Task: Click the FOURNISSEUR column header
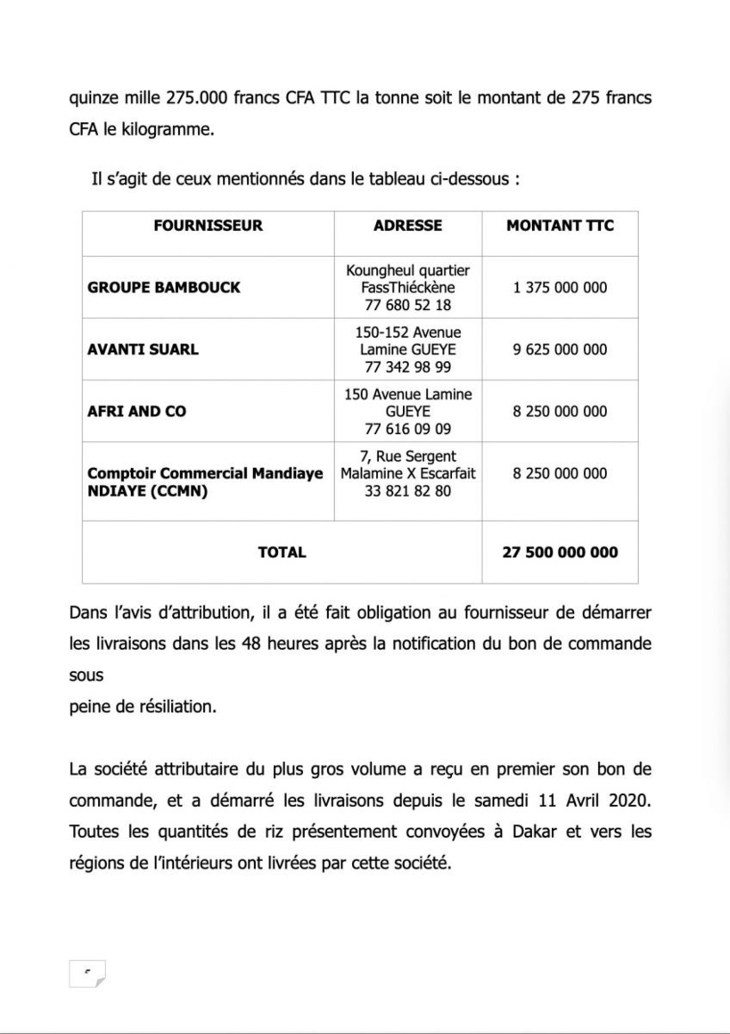(x=208, y=226)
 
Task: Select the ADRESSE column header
(x=407, y=226)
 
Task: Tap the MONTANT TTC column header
(x=560, y=226)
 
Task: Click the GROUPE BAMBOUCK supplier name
(x=164, y=288)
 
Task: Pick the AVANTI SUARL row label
(x=143, y=349)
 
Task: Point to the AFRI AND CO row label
(x=136, y=412)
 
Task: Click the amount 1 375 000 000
(x=560, y=288)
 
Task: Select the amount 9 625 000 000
(x=560, y=349)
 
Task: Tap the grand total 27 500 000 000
(x=560, y=552)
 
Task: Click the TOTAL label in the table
(x=282, y=552)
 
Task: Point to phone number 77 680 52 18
(x=407, y=305)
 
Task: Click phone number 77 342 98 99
(x=407, y=366)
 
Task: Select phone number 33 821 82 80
(x=407, y=490)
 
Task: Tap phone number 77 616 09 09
(x=407, y=429)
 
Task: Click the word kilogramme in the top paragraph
(x=166, y=130)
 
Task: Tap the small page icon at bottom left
(x=86, y=973)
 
